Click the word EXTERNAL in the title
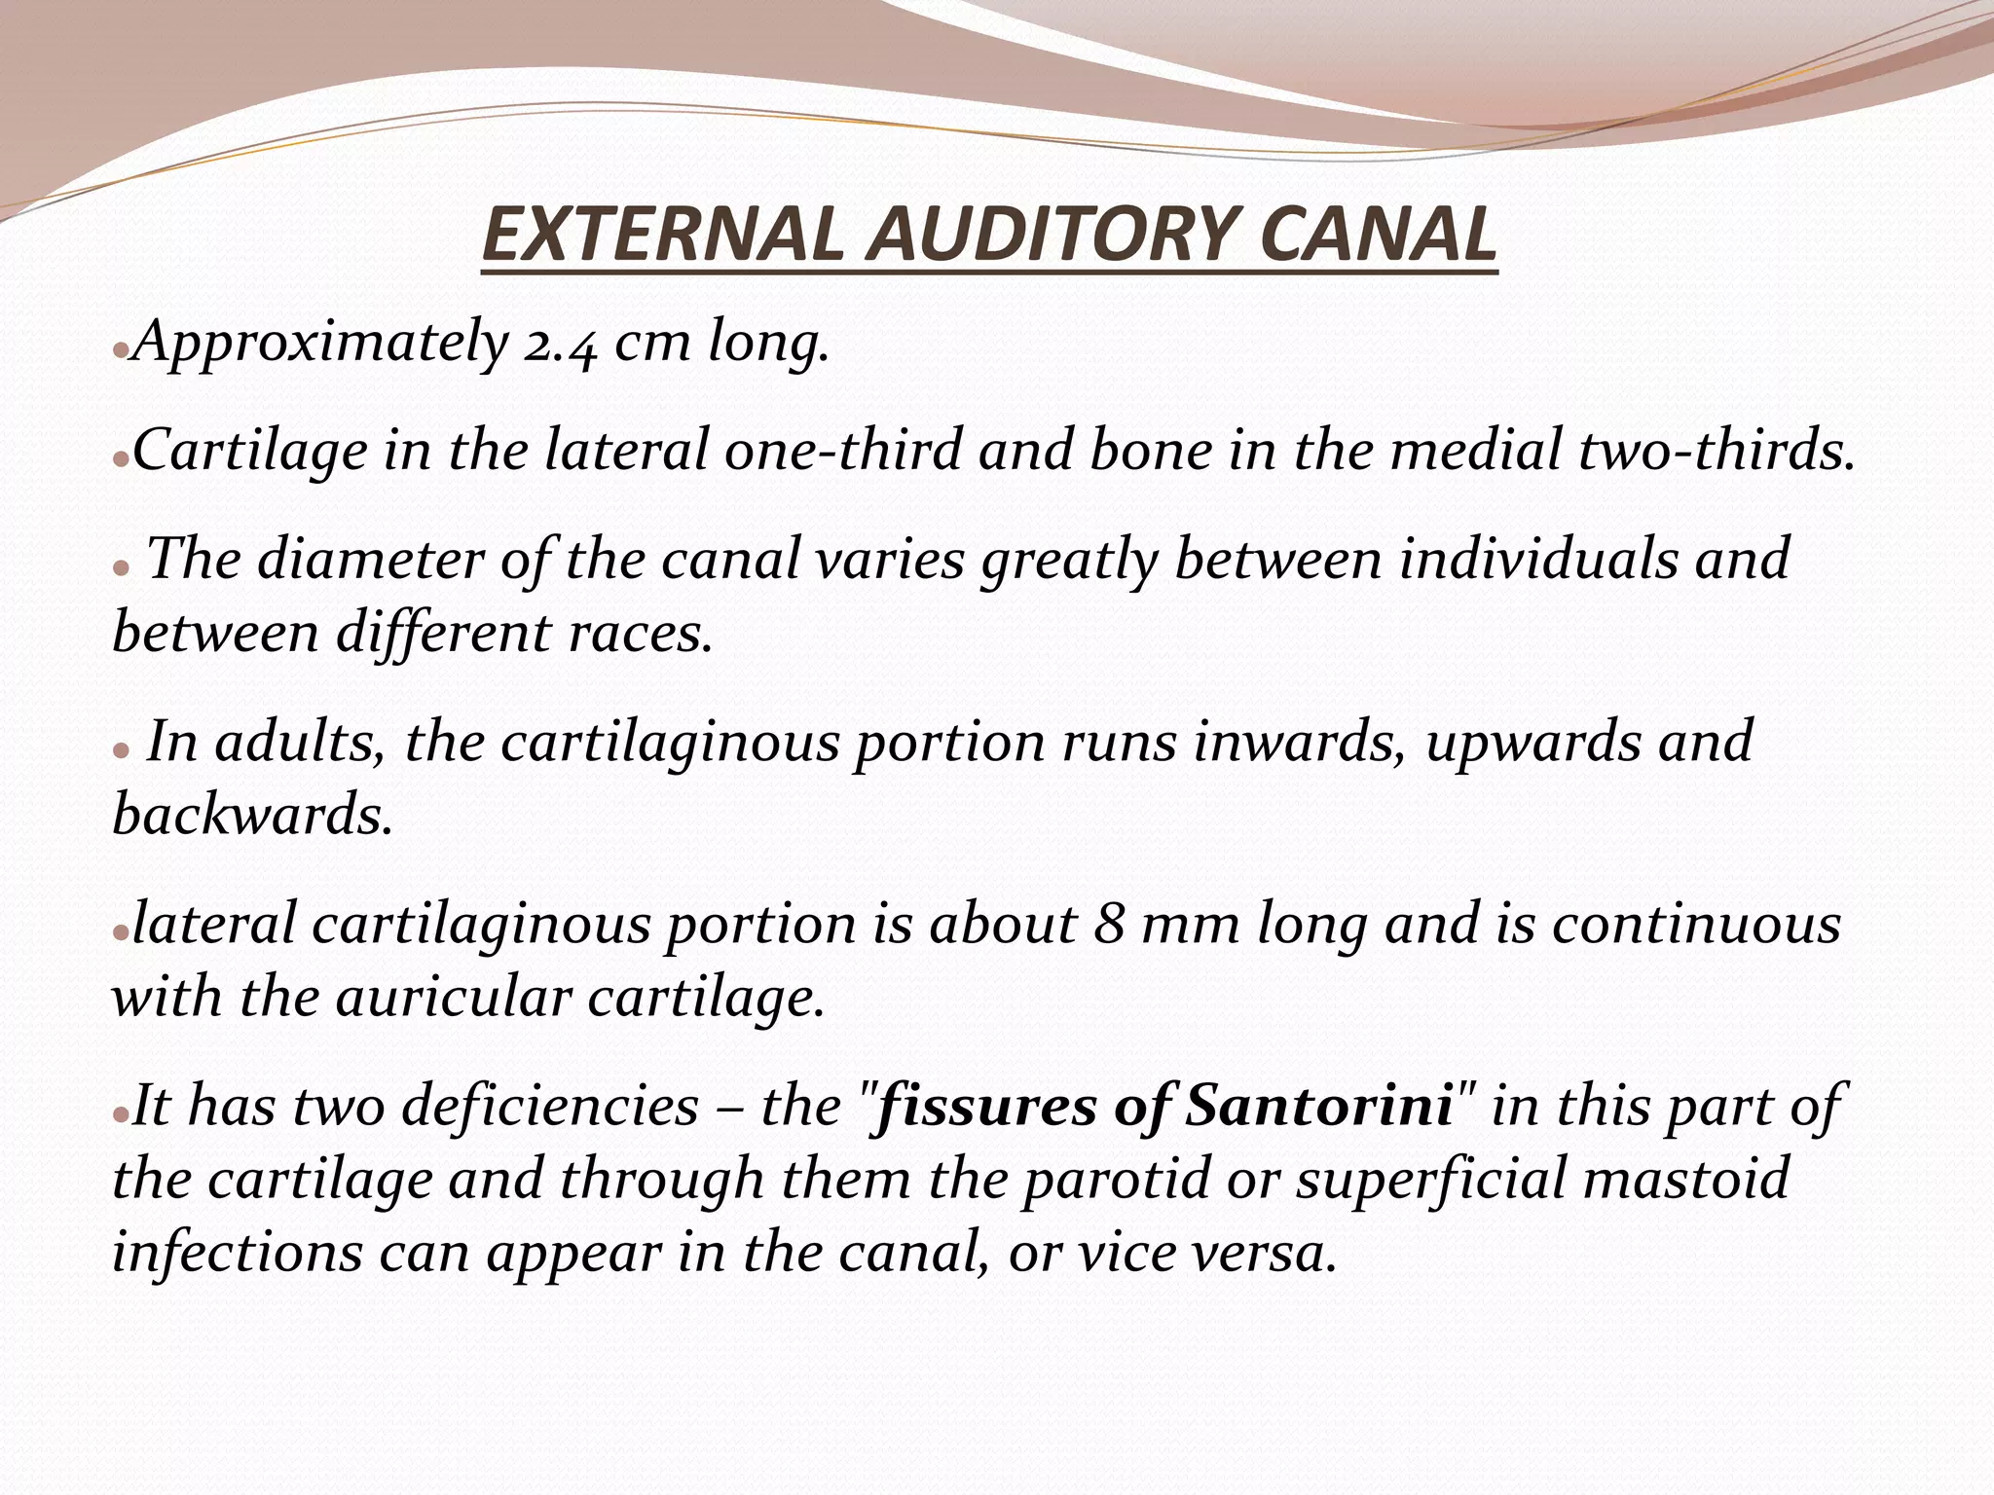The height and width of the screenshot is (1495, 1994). [x=661, y=236]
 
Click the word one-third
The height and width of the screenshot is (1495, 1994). [x=843, y=451]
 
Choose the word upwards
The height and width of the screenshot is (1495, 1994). [x=1533, y=742]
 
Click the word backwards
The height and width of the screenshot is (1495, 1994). [x=252, y=815]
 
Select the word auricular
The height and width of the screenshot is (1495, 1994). [x=453, y=998]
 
